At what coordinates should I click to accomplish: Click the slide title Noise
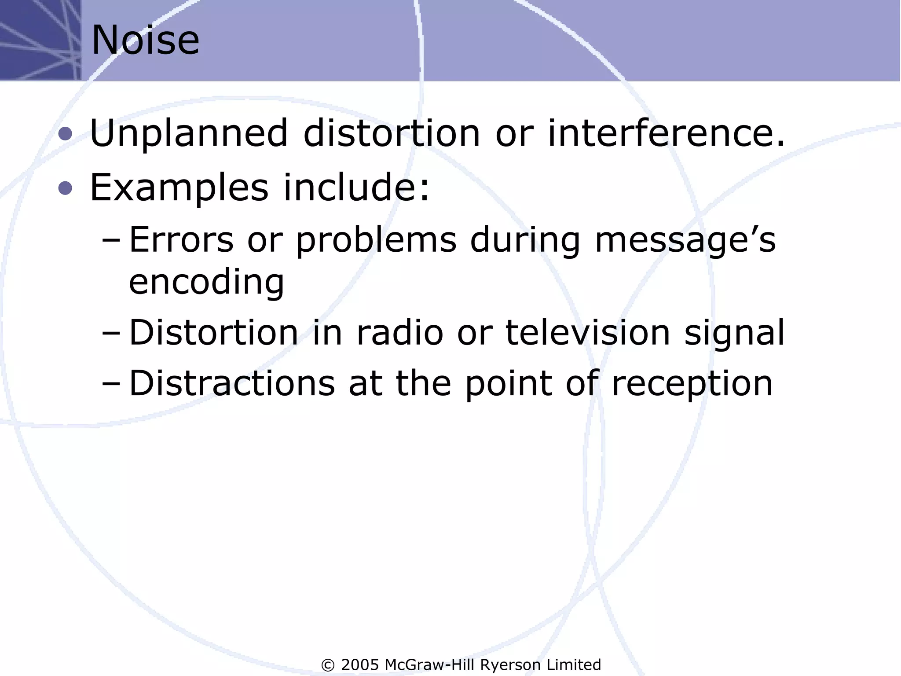pos(145,40)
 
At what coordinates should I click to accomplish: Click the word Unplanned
pos(188,133)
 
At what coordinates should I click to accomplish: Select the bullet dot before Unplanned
pos(65,134)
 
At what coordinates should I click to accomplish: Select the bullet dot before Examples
pos(65,188)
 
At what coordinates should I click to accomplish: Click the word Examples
pos(179,188)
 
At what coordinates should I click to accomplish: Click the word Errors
pos(181,240)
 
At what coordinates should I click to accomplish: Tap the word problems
pos(376,241)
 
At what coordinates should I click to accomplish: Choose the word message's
pos(685,241)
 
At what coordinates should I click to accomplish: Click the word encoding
pos(206,283)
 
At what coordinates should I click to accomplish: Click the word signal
pos(734,334)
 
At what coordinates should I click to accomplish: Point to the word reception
pos(692,384)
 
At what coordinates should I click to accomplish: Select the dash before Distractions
pos(110,384)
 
